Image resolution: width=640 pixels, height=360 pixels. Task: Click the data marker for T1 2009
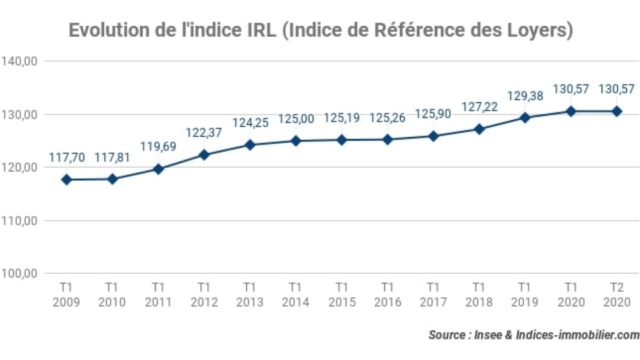(66, 179)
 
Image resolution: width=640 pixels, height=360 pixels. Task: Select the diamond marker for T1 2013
(250, 145)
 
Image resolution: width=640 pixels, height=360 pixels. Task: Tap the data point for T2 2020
(617, 111)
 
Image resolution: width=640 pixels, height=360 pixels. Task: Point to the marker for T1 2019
(525, 117)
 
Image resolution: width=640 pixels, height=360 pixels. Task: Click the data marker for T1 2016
(387, 139)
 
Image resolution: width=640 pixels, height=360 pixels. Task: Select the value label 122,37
(203, 132)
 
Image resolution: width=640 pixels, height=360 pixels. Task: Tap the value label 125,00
(295, 119)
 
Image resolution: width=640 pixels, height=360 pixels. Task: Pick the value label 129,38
(525, 95)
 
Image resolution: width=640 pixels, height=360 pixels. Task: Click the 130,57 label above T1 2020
(571, 89)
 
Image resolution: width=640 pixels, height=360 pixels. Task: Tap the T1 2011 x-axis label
(158, 295)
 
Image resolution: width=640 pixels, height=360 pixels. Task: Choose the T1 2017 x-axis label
(434, 295)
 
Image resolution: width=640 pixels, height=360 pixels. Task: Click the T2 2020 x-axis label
(617, 295)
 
